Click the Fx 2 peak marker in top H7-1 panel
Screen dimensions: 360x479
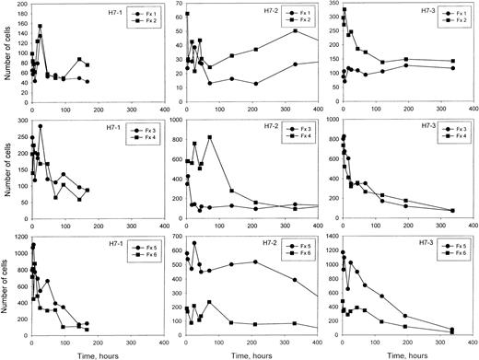click(40, 27)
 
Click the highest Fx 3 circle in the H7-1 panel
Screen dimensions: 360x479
click(40, 126)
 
